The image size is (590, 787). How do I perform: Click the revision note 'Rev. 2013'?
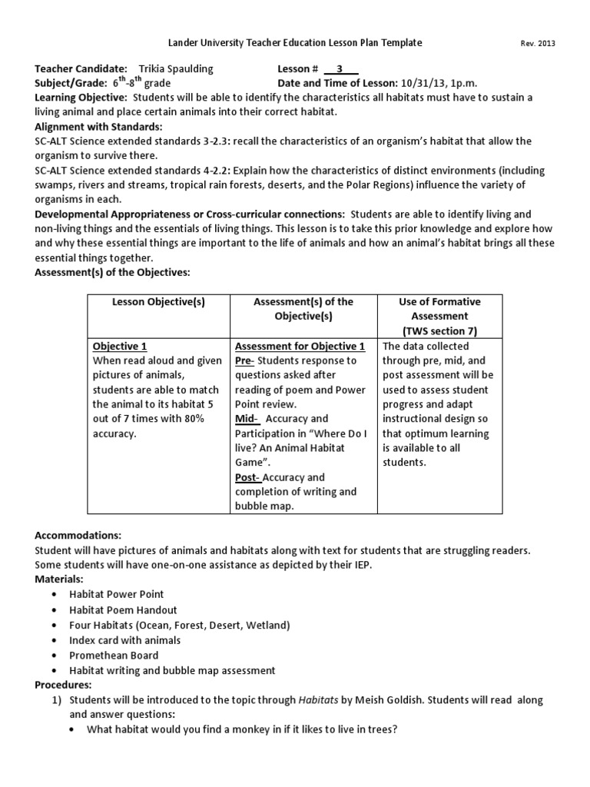(539, 44)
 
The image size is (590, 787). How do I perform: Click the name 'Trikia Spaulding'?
(176, 68)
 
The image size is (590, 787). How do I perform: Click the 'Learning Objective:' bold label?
(82, 98)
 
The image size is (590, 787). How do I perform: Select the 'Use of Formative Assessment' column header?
(433, 316)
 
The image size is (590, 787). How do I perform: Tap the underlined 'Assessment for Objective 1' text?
(300, 346)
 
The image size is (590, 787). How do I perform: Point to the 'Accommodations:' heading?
(78, 535)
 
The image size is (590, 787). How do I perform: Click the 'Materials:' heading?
(60, 579)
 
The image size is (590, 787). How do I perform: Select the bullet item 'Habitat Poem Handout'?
(122, 609)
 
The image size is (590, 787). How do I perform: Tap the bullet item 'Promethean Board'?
(114, 656)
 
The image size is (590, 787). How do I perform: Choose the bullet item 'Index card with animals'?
(125, 640)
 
